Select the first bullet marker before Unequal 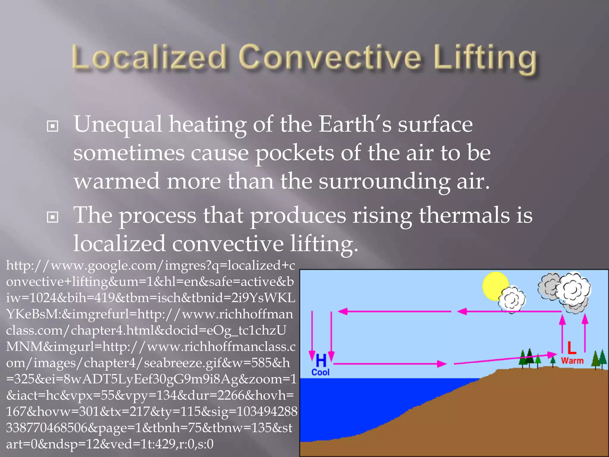[53, 126]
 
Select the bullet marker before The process [53, 217]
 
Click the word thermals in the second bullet [464, 215]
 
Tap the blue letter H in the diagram [321, 360]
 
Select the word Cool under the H [320, 372]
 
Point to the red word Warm [572, 361]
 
